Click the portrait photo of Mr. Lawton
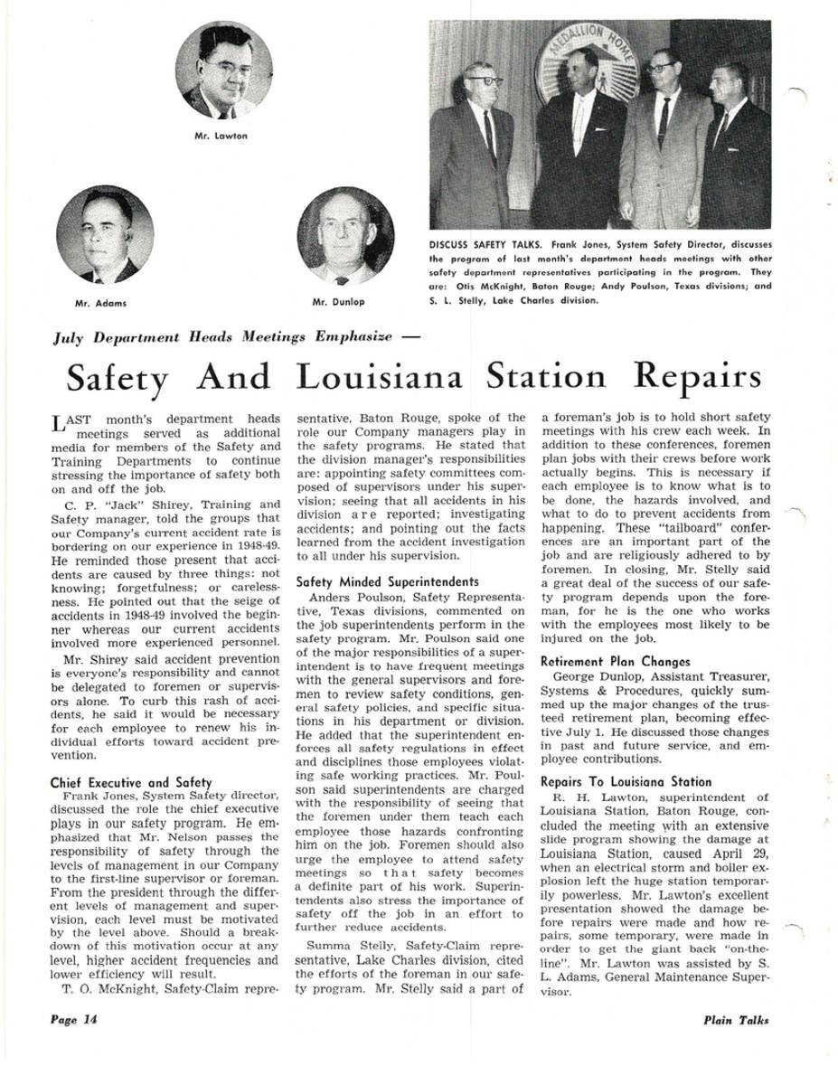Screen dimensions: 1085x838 pos(223,70)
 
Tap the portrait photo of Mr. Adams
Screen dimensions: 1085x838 pos(104,234)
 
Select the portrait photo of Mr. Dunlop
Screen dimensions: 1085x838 pos(345,236)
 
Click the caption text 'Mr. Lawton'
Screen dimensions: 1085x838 pos(221,136)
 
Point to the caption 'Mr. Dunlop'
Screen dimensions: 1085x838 pos(338,302)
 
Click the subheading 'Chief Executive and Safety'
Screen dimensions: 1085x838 pos(131,782)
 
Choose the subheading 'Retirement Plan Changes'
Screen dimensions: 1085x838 pos(615,662)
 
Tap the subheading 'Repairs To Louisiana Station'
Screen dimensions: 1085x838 pos(626,782)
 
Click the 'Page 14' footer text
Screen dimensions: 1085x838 pos(73,1019)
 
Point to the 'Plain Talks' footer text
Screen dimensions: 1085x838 pos(736,1020)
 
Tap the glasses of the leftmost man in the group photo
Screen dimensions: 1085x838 pos(485,80)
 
